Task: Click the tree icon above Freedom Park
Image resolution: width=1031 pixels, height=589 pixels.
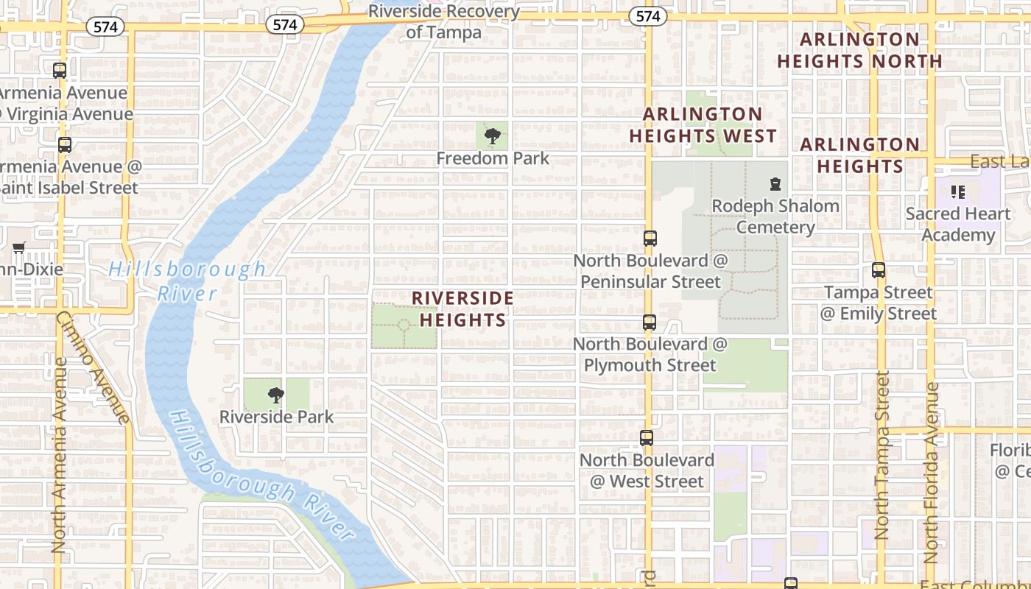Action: pos(492,135)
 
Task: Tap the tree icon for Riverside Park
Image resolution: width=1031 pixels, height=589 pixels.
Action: pos(276,395)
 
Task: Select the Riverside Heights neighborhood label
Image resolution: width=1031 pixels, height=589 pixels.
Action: pos(462,308)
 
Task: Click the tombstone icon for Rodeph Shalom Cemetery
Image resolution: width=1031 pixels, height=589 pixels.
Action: pos(775,183)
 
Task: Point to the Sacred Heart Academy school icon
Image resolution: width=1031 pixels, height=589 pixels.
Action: pos(957,192)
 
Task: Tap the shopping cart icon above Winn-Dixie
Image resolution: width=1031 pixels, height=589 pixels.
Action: pos(19,247)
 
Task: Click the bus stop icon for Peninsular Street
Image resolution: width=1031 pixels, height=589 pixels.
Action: pos(650,239)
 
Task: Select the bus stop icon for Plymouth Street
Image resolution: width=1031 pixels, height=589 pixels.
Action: pos(649,322)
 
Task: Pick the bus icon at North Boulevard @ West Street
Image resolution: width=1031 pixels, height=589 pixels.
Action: pos(647,438)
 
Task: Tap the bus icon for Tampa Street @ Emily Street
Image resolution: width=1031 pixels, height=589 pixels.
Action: pos(878,270)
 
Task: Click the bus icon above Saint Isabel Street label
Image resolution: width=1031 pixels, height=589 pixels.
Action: pos(65,145)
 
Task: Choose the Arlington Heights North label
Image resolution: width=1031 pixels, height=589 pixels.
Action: pos(859,50)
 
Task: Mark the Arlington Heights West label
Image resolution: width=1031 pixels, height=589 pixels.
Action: pos(703,125)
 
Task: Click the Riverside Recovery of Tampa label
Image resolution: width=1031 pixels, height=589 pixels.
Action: pos(443,21)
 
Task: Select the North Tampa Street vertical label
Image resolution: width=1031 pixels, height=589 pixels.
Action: pos(882,455)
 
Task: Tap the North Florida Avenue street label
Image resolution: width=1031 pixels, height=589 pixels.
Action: pos(932,471)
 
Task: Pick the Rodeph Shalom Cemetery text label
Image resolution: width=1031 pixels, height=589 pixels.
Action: pos(775,216)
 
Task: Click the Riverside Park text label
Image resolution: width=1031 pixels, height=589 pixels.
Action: pos(276,417)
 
